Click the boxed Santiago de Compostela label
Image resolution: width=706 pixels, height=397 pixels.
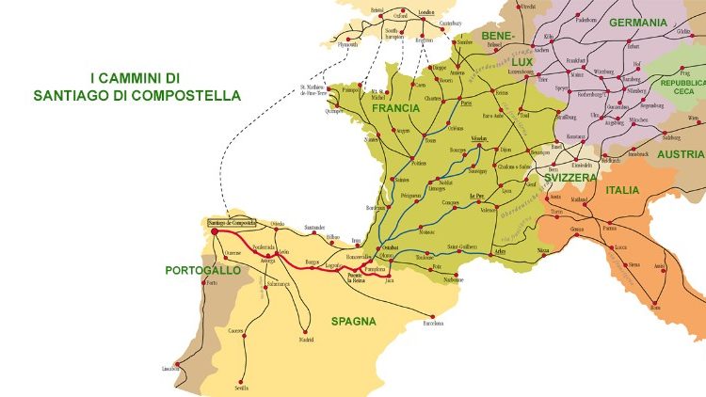coord(231,222)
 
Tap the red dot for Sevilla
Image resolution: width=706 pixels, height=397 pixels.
coord(242,379)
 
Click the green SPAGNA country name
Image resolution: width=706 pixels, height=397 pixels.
coord(353,321)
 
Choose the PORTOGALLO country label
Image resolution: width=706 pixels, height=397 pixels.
coord(202,270)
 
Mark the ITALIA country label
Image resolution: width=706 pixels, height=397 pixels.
coord(622,190)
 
